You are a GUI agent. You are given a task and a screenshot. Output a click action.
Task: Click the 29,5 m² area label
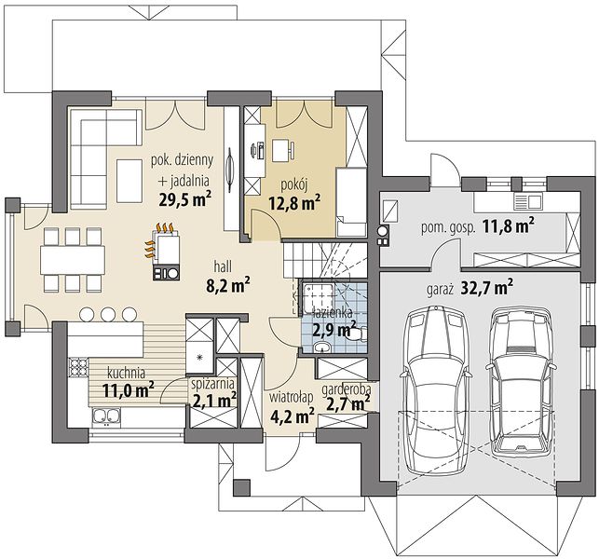[x=185, y=198]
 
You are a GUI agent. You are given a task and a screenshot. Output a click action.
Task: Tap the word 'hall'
[x=223, y=266]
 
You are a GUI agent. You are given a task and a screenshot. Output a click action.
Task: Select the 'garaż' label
[x=440, y=290]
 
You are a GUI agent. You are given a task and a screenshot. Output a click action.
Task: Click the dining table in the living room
[x=73, y=260]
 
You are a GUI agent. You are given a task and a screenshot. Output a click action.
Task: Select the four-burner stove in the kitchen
[x=79, y=368]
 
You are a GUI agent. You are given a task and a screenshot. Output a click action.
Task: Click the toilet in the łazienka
[x=356, y=335]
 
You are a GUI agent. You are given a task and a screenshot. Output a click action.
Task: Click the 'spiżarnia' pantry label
[x=212, y=383]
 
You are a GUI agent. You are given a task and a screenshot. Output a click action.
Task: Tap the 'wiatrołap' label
[x=291, y=398]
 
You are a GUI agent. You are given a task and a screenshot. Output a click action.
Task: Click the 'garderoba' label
[x=347, y=389]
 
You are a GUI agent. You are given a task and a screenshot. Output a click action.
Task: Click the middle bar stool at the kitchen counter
[x=108, y=314]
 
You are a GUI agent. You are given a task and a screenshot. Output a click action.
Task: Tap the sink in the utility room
[x=528, y=200]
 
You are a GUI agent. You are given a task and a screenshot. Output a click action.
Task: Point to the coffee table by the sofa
[x=129, y=181]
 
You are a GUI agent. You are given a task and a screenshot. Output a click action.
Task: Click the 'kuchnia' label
[x=126, y=372]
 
